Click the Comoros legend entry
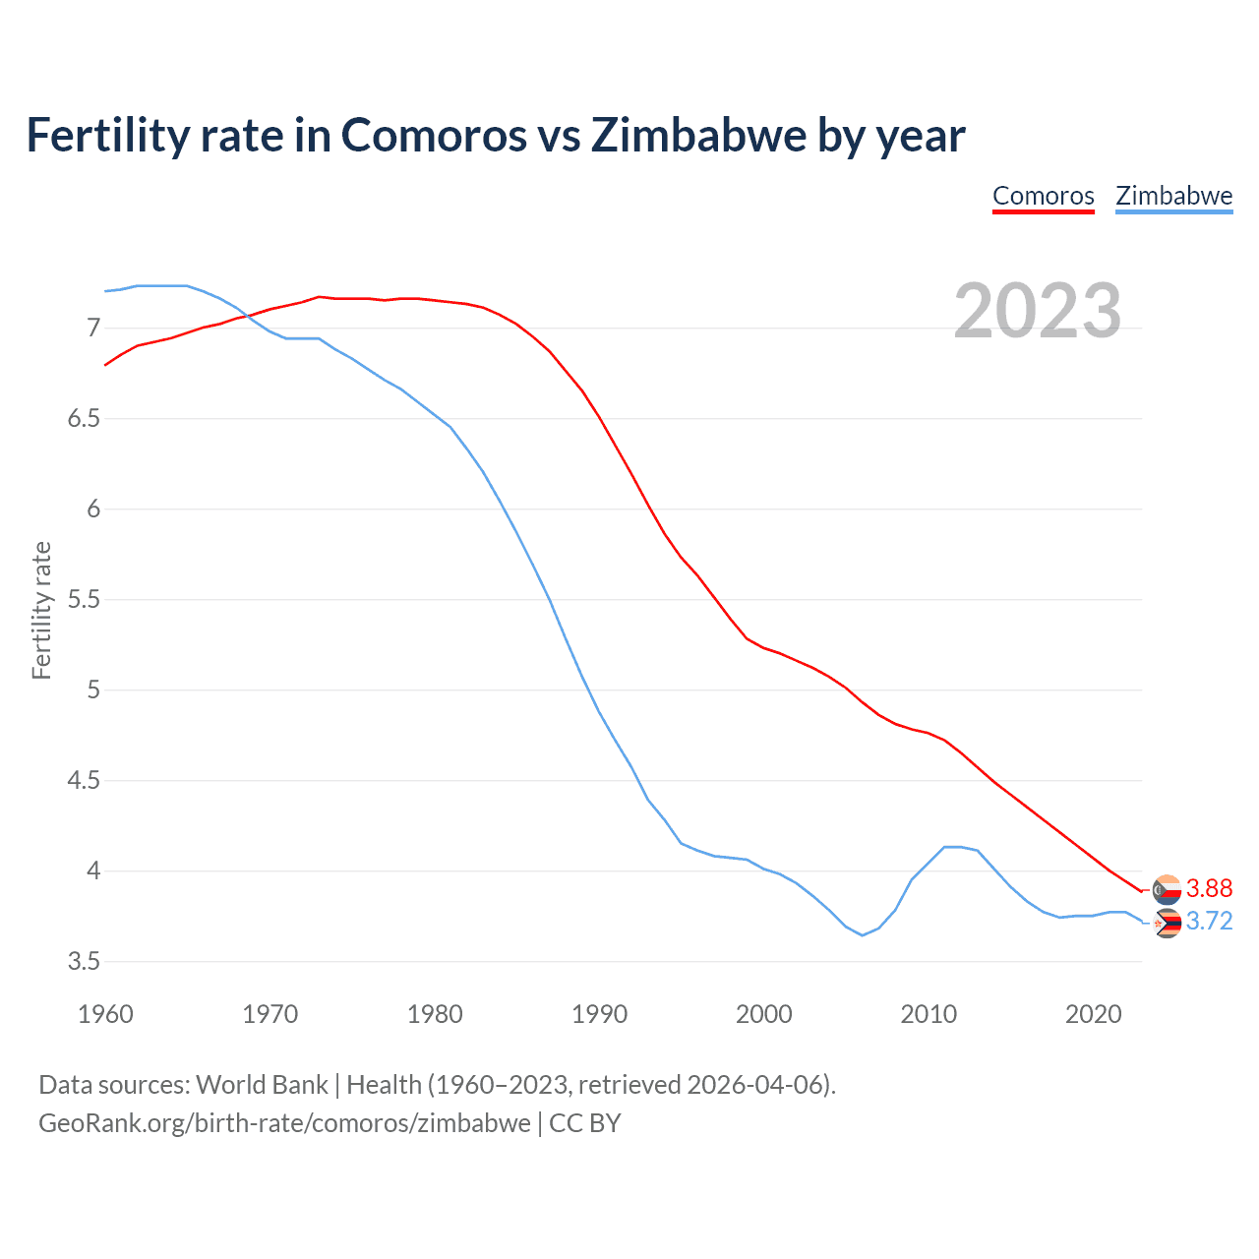point(1043,196)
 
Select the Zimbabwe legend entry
point(1173,196)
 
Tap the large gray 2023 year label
point(1038,311)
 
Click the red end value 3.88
point(1209,889)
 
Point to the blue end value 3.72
point(1209,922)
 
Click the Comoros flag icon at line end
point(1167,889)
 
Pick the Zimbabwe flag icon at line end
point(1167,923)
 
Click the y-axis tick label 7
point(93,328)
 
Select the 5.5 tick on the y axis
point(84,600)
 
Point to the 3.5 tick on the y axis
point(84,962)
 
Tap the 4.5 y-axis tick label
point(84,781)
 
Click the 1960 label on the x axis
point(105,1014)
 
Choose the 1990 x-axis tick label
point(599,1014)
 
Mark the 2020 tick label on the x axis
point(1093,1014)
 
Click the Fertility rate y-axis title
point(41,610)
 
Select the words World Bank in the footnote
point(262,1085)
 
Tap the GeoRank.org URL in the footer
point(284,1123)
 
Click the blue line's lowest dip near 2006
point(863,934)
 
